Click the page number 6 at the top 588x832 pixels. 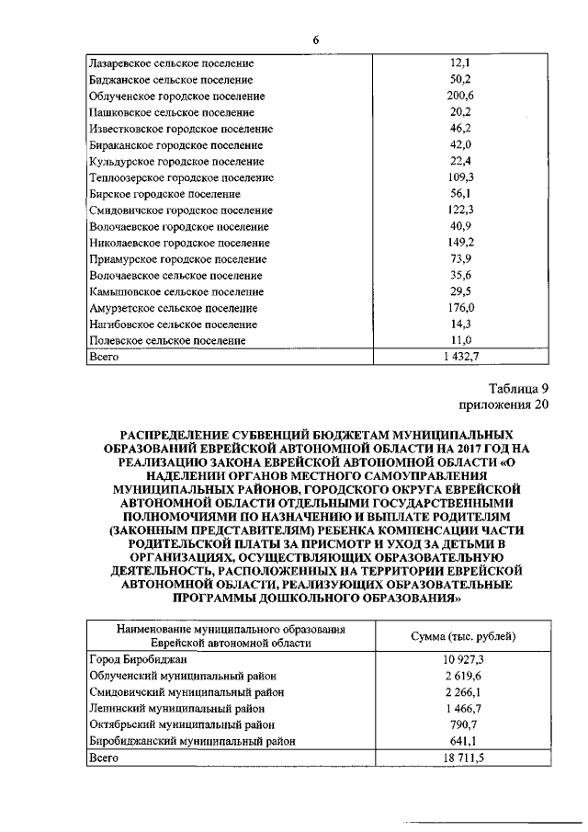[316, 40]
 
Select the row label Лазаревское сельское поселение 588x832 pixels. [171, 63]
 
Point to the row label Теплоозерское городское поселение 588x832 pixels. [182, 177]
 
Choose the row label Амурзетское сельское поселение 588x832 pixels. [174, 308]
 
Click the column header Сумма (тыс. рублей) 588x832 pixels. [461, 636]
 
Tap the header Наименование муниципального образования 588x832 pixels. [231, 629]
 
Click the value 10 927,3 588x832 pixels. [461, 659]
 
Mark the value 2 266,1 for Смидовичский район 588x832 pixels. [461, 691]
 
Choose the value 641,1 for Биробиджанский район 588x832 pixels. [461, 740]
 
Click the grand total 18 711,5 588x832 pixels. [461, 758]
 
